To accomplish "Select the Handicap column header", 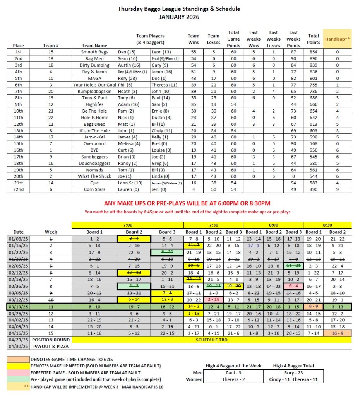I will pos(337,39).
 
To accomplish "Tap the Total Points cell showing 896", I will pos(313,58).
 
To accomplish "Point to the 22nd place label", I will pos(18,189).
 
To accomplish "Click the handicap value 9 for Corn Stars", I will pos(337,189).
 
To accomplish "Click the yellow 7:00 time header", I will pos(127,225).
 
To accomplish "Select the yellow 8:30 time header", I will pos(327,225).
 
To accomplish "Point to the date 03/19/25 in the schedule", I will pos(18,307).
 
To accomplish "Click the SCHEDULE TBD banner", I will pos(212,340).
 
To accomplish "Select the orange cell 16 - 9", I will pos(337,333).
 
